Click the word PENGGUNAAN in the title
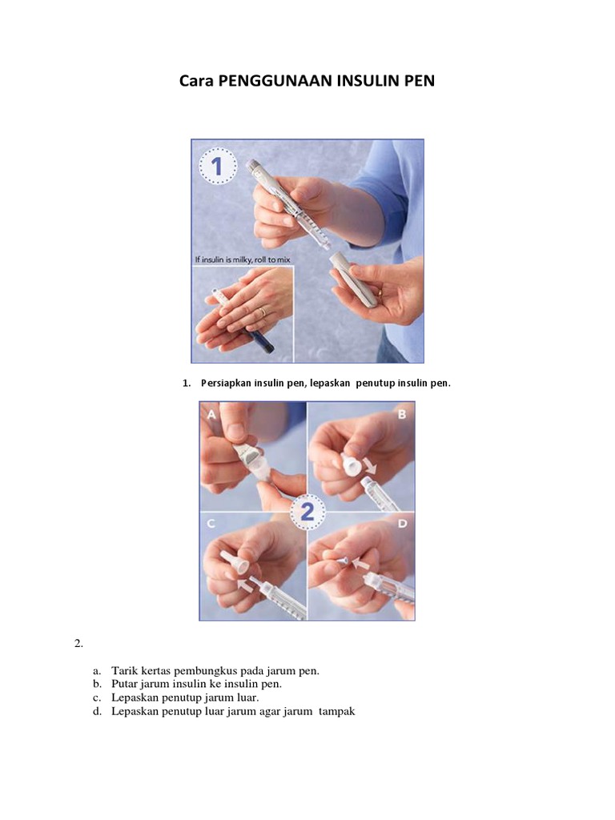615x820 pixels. (x=275, y=81)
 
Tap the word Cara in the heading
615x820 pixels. (x=196, y=81)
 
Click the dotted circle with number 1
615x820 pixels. (x=218, y=167)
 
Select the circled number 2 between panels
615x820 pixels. (x=307, y=512)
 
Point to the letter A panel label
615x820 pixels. (x=211, y=415)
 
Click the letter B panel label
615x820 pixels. (x=402, y=415)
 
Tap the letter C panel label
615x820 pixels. (x=211, y=524)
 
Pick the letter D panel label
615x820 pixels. (x=402, y=523)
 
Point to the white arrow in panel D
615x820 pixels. (x=360, y=564)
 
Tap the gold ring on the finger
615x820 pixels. (x=263, y=312)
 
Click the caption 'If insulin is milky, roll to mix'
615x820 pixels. (x=242, y=260)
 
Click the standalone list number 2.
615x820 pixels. (x=78, y=644)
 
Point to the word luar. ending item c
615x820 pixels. (x=248, y=697)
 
